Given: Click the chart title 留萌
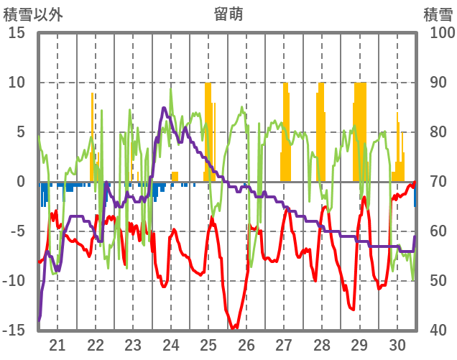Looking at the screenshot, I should (228, 14).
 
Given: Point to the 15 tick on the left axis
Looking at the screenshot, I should (17, 33).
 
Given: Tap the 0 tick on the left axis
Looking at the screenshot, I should (22, 182).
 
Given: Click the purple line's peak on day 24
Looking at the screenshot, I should (165, 108).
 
